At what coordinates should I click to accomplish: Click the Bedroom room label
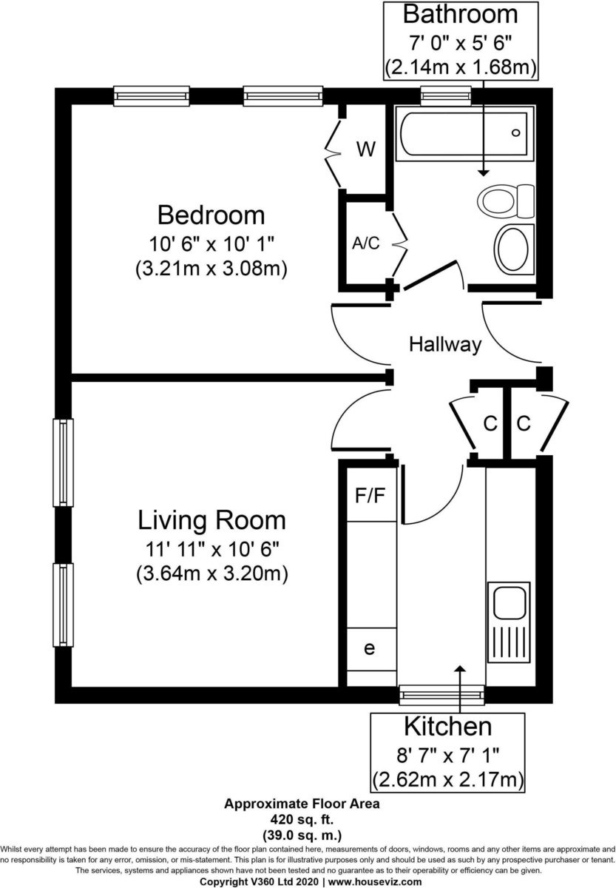pos(211,215)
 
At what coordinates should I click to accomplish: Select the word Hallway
pos(445,344)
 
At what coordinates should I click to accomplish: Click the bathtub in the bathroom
pos(464,133)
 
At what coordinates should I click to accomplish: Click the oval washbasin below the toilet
pos(512,247)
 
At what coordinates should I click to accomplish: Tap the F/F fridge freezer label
pos(370,496)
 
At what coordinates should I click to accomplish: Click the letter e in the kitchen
pos(370,648)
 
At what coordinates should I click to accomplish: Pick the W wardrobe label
pos(365,149)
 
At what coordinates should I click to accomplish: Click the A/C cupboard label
pos(365,243)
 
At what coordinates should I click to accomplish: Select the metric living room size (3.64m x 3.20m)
pos(211,573)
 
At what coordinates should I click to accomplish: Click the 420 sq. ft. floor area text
pos(302,819)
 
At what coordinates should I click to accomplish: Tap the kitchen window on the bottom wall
pos(441,693)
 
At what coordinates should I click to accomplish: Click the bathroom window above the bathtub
pos(446,94)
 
